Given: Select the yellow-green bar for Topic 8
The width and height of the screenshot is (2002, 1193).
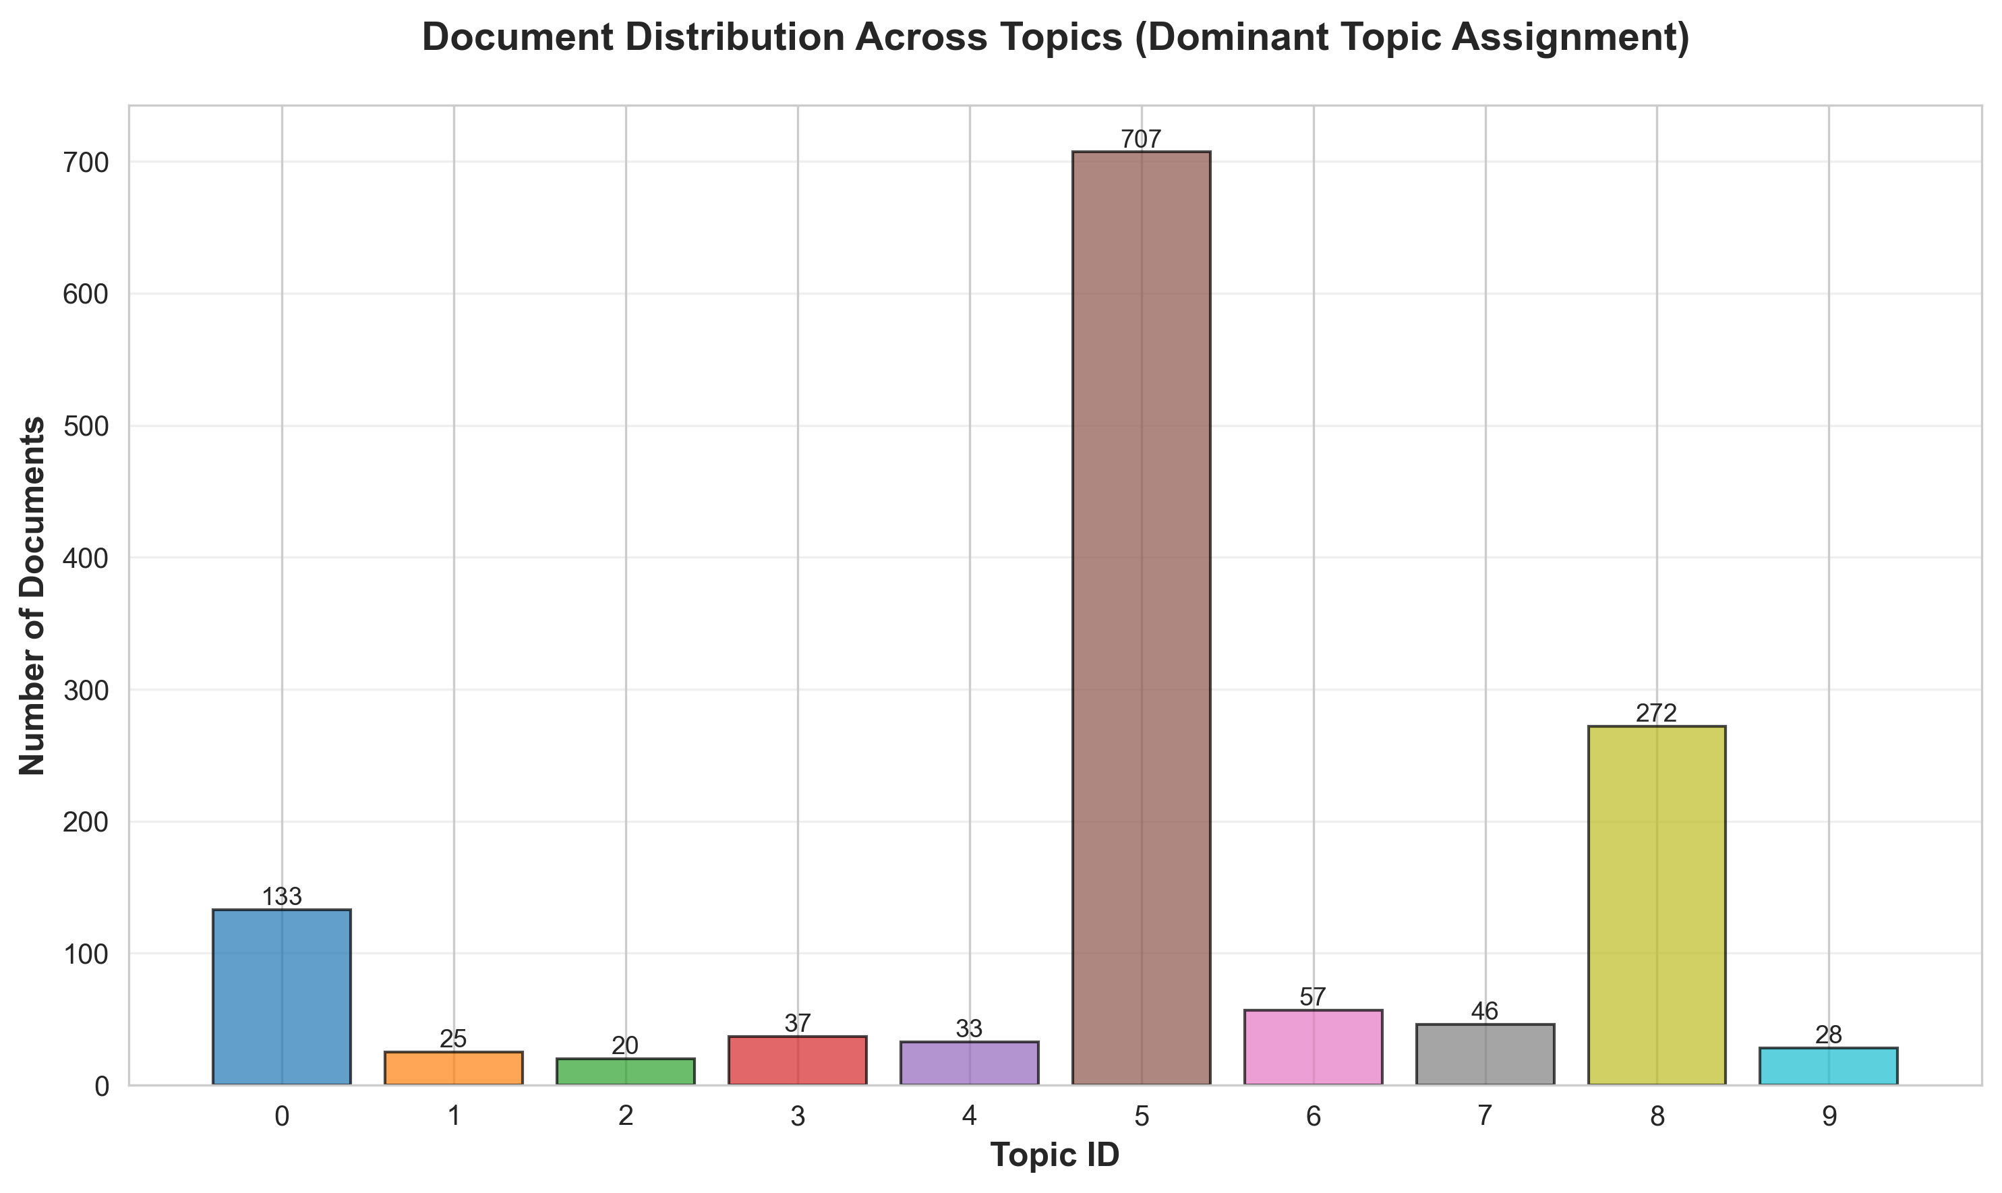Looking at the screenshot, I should tap(1656, 905).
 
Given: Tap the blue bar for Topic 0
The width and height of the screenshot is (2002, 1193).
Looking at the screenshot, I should tap(281, 997).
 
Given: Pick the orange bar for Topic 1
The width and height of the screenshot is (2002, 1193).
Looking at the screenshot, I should tap(453, 1068).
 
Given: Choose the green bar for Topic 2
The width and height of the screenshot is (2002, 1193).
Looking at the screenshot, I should tap(625, 1072).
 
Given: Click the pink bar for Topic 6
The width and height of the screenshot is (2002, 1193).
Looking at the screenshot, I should tap(1314, 1047).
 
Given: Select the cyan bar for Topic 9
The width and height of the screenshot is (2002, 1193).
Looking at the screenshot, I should tap(1829, 1066).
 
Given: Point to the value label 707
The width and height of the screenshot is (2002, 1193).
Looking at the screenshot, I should tap(1141, 140).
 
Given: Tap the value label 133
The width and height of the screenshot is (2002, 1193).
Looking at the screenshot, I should tap(281, 897).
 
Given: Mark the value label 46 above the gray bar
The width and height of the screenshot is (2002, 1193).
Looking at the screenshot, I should tap(1484, 1012).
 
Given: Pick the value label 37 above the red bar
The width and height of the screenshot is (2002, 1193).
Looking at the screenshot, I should tap(797, 1023).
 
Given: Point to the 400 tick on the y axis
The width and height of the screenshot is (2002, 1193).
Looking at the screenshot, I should tap(85, 558).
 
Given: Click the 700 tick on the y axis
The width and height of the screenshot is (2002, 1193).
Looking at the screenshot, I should tap(85, 163).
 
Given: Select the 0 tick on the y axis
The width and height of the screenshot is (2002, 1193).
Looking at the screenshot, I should tap(101, 1085).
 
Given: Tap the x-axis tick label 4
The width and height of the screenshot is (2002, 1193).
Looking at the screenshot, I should tap(969, 1117).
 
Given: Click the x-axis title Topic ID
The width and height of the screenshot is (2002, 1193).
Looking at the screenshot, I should tap(1055, 1155).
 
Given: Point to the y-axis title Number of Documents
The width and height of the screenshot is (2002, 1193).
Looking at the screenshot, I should tap(33, 595).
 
